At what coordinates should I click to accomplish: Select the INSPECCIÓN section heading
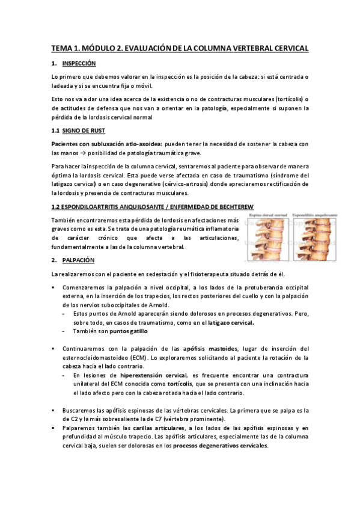[79, 64]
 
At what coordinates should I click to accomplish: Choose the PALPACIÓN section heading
[79, 260]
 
